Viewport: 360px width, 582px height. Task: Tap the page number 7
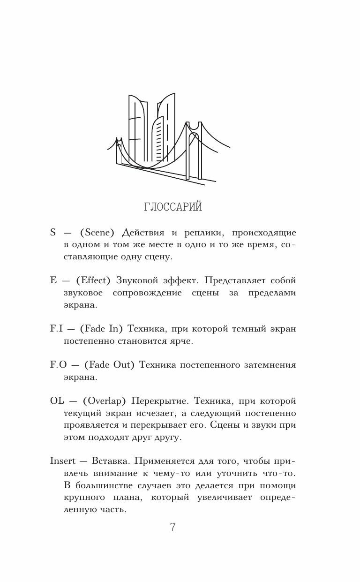pos(172,527)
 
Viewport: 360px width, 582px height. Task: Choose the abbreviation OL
pos(57,402)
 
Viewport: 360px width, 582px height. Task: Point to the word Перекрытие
pos(159,402)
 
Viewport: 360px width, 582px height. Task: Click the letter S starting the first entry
pos(52,233)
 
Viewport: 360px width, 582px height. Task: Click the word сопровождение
pos(147,293)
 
